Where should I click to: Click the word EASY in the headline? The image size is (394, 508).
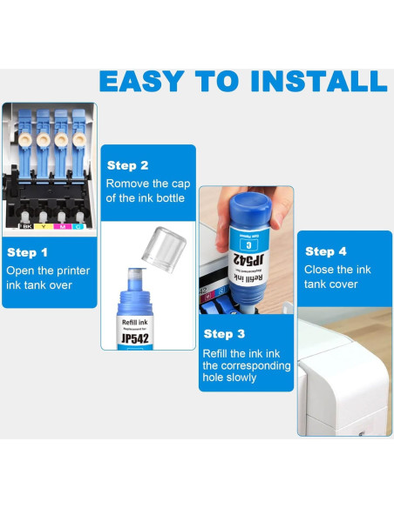[141, 81]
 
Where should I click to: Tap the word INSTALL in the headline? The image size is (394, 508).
[319, 81]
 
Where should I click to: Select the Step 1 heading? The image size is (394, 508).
[27, 253]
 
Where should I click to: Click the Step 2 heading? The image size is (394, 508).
[127, 165]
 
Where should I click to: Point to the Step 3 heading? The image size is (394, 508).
[224, 334]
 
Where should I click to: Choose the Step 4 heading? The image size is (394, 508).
[326, 251]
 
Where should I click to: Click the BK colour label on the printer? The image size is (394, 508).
[26, 226]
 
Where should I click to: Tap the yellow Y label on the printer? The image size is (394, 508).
[44, 226]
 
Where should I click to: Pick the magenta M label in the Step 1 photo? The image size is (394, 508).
[62, 226]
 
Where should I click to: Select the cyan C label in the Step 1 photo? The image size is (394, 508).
[78, 226]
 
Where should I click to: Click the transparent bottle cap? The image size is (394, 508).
[164, 249]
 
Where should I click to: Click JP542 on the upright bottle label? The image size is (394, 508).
[135, 338]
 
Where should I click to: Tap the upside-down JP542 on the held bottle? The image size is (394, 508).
[249, 260]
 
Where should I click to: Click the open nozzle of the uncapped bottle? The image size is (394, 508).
[135, 274]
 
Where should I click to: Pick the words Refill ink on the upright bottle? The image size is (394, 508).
[135, 322]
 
